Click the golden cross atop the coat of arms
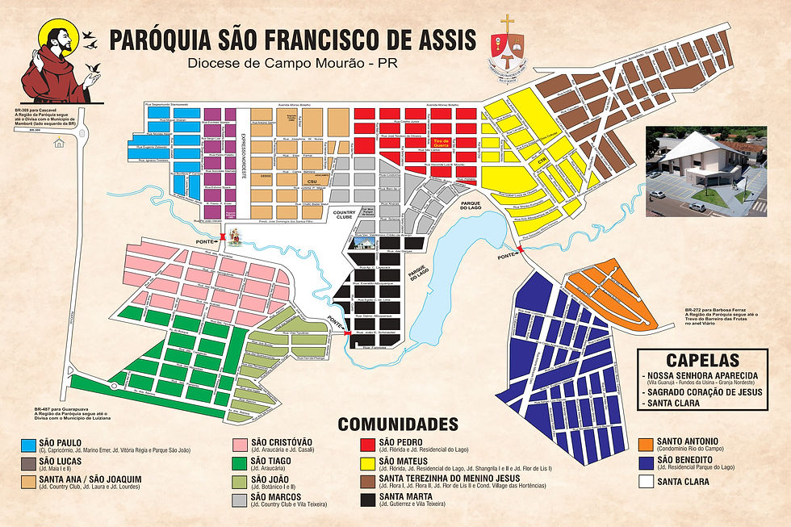pyautogui.click(x=508, y=23)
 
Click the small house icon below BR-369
pyautogui.click(x=58, y=144)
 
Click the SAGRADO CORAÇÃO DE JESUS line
pyautogui.click(x=697, y=391)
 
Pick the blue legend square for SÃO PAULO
pyautogui.click(x=29, y=444)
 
